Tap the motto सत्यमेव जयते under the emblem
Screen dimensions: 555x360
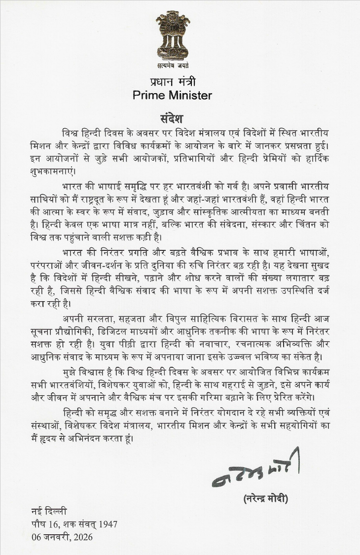173,66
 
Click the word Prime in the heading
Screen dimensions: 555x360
149,95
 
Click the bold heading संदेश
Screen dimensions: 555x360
172,119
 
